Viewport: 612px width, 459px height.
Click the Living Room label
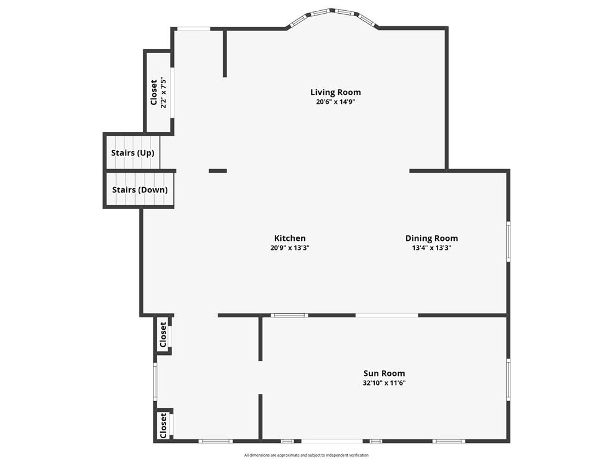tap(336, 92)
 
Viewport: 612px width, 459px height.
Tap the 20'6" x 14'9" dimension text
tap(336, 102)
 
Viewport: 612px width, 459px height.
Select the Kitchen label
tap(290, 238)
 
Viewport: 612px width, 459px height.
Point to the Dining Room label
tap(432, 238)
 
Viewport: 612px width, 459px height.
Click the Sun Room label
tap(384, 373)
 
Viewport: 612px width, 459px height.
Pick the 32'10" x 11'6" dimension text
tap(384, 383)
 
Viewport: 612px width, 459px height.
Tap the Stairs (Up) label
tap(133, 152)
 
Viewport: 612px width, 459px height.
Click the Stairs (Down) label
tap(140, 189)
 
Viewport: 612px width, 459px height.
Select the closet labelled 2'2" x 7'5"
tap(158, 93)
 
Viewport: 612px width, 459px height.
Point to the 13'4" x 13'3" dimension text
tap(432, 248)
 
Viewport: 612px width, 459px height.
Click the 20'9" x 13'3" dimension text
tap(290, 248)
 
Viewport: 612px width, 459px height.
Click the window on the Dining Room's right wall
tap(508, 241)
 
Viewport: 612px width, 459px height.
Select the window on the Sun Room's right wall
tap(508, 380)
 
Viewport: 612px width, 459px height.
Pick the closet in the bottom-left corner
tap(164, 426)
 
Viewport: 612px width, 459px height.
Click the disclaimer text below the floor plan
tap(307, 455)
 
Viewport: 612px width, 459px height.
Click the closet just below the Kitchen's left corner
tap(163, 335)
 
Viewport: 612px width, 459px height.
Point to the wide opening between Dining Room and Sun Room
tap(387, 316)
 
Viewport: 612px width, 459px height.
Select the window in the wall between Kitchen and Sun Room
tap(290, 316)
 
